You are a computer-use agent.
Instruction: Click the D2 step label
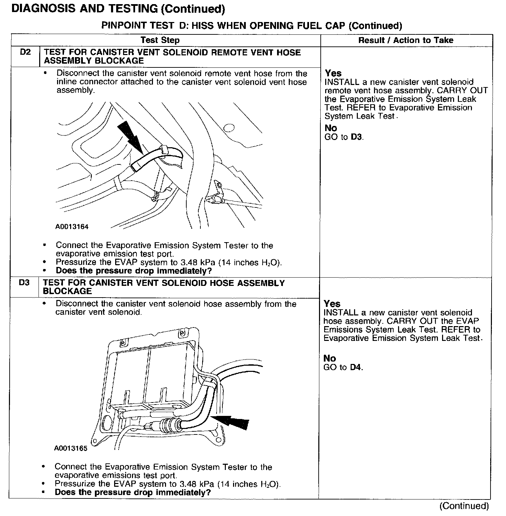tap(25, 52)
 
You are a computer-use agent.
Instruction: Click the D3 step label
tap(24, 283)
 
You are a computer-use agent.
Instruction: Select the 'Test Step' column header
tap(160, 40)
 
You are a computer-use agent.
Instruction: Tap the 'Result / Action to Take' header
tap(406, 40)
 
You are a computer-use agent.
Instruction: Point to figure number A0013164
tap(72, 227)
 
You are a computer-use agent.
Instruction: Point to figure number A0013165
tap(71, 448)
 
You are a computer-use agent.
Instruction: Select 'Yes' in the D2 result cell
tap(333, 73)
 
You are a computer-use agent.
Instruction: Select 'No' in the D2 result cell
tap(331, 128)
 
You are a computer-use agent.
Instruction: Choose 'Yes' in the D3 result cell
tap(332, 304)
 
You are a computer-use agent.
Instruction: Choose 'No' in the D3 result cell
tap(329, 358)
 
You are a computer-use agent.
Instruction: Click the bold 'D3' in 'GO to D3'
tap(356, 137)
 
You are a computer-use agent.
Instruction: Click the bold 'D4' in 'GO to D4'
tap(356, 367)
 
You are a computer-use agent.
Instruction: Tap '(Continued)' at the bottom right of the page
tap(464, 506)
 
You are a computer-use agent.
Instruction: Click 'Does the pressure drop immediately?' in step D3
tap(133, 492)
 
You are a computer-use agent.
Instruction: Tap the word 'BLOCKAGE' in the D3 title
tap(67, 291)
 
